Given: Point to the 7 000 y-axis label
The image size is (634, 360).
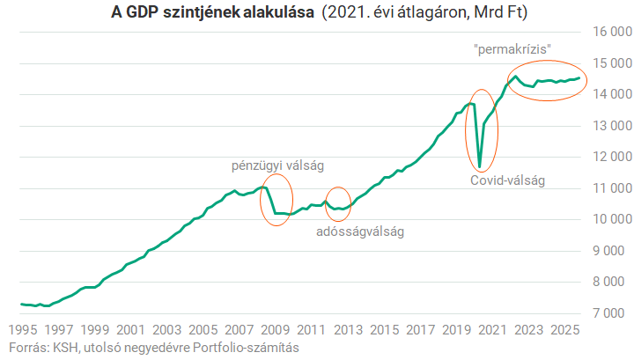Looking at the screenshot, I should [x=604, y=312].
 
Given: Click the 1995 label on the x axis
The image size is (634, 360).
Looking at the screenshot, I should [x=23, y=330].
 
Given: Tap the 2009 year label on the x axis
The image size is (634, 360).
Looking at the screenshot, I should [x=275, y=330].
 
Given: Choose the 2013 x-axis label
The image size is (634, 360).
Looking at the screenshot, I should [x=347, y=330].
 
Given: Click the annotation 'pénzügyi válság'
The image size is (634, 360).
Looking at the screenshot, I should [x=272, y=165].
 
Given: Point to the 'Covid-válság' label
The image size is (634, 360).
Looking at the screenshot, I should [x=507, y=180].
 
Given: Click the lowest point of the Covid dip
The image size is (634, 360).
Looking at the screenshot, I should [x=479, y=167].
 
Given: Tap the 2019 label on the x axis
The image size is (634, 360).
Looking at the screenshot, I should [x=454, y=330].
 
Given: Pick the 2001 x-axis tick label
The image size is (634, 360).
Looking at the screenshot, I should [x=131, y=330].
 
